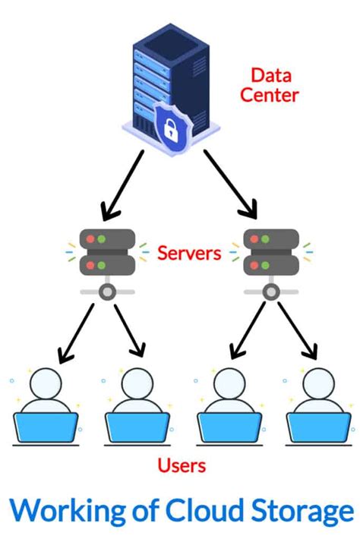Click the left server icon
(x=107, y=251)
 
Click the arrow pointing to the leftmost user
(x=76, y=332)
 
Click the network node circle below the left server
(x=107, y=292)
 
